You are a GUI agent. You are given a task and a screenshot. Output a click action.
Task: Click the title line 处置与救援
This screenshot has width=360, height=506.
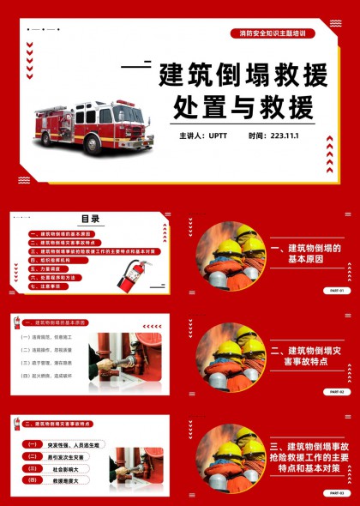click(x=239, y=106)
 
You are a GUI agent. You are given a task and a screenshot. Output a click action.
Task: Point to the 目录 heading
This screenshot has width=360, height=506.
click(x=90, y=219)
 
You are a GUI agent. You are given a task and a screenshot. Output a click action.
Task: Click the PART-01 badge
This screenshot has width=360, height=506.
click(x=336, y=290)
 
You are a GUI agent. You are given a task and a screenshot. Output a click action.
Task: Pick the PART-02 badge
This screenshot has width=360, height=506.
click(x=336, y=391)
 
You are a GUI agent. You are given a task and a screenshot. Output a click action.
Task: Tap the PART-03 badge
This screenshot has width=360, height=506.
click(x=336, y=492)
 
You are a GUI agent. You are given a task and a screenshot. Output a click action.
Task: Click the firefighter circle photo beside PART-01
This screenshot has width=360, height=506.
click(x=231, y=256)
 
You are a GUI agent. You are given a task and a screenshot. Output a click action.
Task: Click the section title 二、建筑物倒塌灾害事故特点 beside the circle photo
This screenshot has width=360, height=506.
click(x=306, y=357)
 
